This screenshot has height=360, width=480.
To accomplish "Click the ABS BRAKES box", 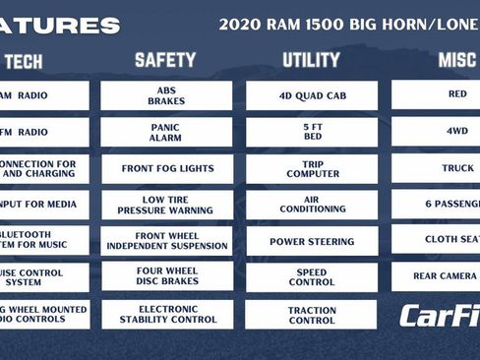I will pyautogui.click(x=166, y=94).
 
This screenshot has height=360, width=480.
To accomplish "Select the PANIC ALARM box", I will pyautogui.click(x=166, y=132).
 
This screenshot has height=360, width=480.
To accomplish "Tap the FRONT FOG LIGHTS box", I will pyautogui.click(x=166, y=168).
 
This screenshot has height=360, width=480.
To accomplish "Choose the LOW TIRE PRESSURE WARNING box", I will pyautogui.click(x=166, y=205).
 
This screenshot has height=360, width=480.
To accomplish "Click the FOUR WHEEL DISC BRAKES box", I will pyautogui.click(x=166, y=277).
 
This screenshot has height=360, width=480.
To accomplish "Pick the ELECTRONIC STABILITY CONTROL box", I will pyautogui.click(x=166, y=314).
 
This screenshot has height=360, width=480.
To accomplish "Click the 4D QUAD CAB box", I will pyautogui.click(x=311, y=94).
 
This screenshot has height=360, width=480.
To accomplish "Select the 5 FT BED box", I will pyautogui.click(x=311, y=132).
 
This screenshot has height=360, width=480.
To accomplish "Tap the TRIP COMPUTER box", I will pyautogui.click(x=311, y=168).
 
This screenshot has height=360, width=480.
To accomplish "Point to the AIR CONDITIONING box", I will pyautogui.click(x=311, y=205).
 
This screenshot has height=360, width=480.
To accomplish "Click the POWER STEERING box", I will pyautogui.click(x=311, y=241).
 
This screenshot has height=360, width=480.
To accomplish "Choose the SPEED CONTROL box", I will pyautogui.click(x=311, y=277).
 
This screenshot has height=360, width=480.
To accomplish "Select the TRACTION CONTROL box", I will pyautogui.click(x=311, y=314).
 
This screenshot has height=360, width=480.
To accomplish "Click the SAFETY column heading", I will pyautogui.click(x=165, y=60).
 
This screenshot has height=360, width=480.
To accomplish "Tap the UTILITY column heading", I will pyautogui.click(x=311, y=60).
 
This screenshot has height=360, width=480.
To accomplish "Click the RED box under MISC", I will pyautogui.click(x=437, y=94).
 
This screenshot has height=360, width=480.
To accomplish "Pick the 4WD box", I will pyautogui.click(x=437, y=132).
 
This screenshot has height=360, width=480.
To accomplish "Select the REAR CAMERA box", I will pyautogui.click(x=437, y=276).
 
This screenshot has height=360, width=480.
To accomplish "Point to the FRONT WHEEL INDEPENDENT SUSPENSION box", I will pyautogui.click(x=166, y=241).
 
